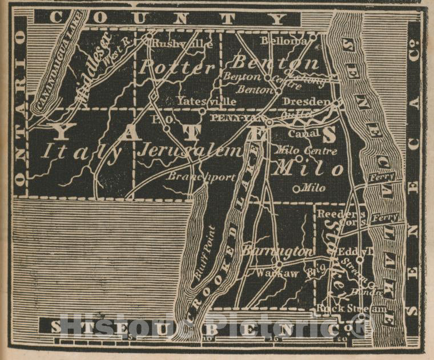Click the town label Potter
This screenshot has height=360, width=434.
pyautogui.click(x=177, y=67)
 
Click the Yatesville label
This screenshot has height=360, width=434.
pyautogui.click(x=198, y=101)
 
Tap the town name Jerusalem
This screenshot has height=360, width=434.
pyautogui.click(x=190, y=151)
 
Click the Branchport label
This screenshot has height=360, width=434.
pyautogui.click(x=201, y=177)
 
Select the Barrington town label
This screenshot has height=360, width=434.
pyautogui.click(x=277, y=250)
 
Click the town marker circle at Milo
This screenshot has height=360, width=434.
pyautogui.click(x=296, y=188)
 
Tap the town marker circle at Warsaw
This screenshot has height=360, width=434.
pyautogui.click(x=278, y=265)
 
